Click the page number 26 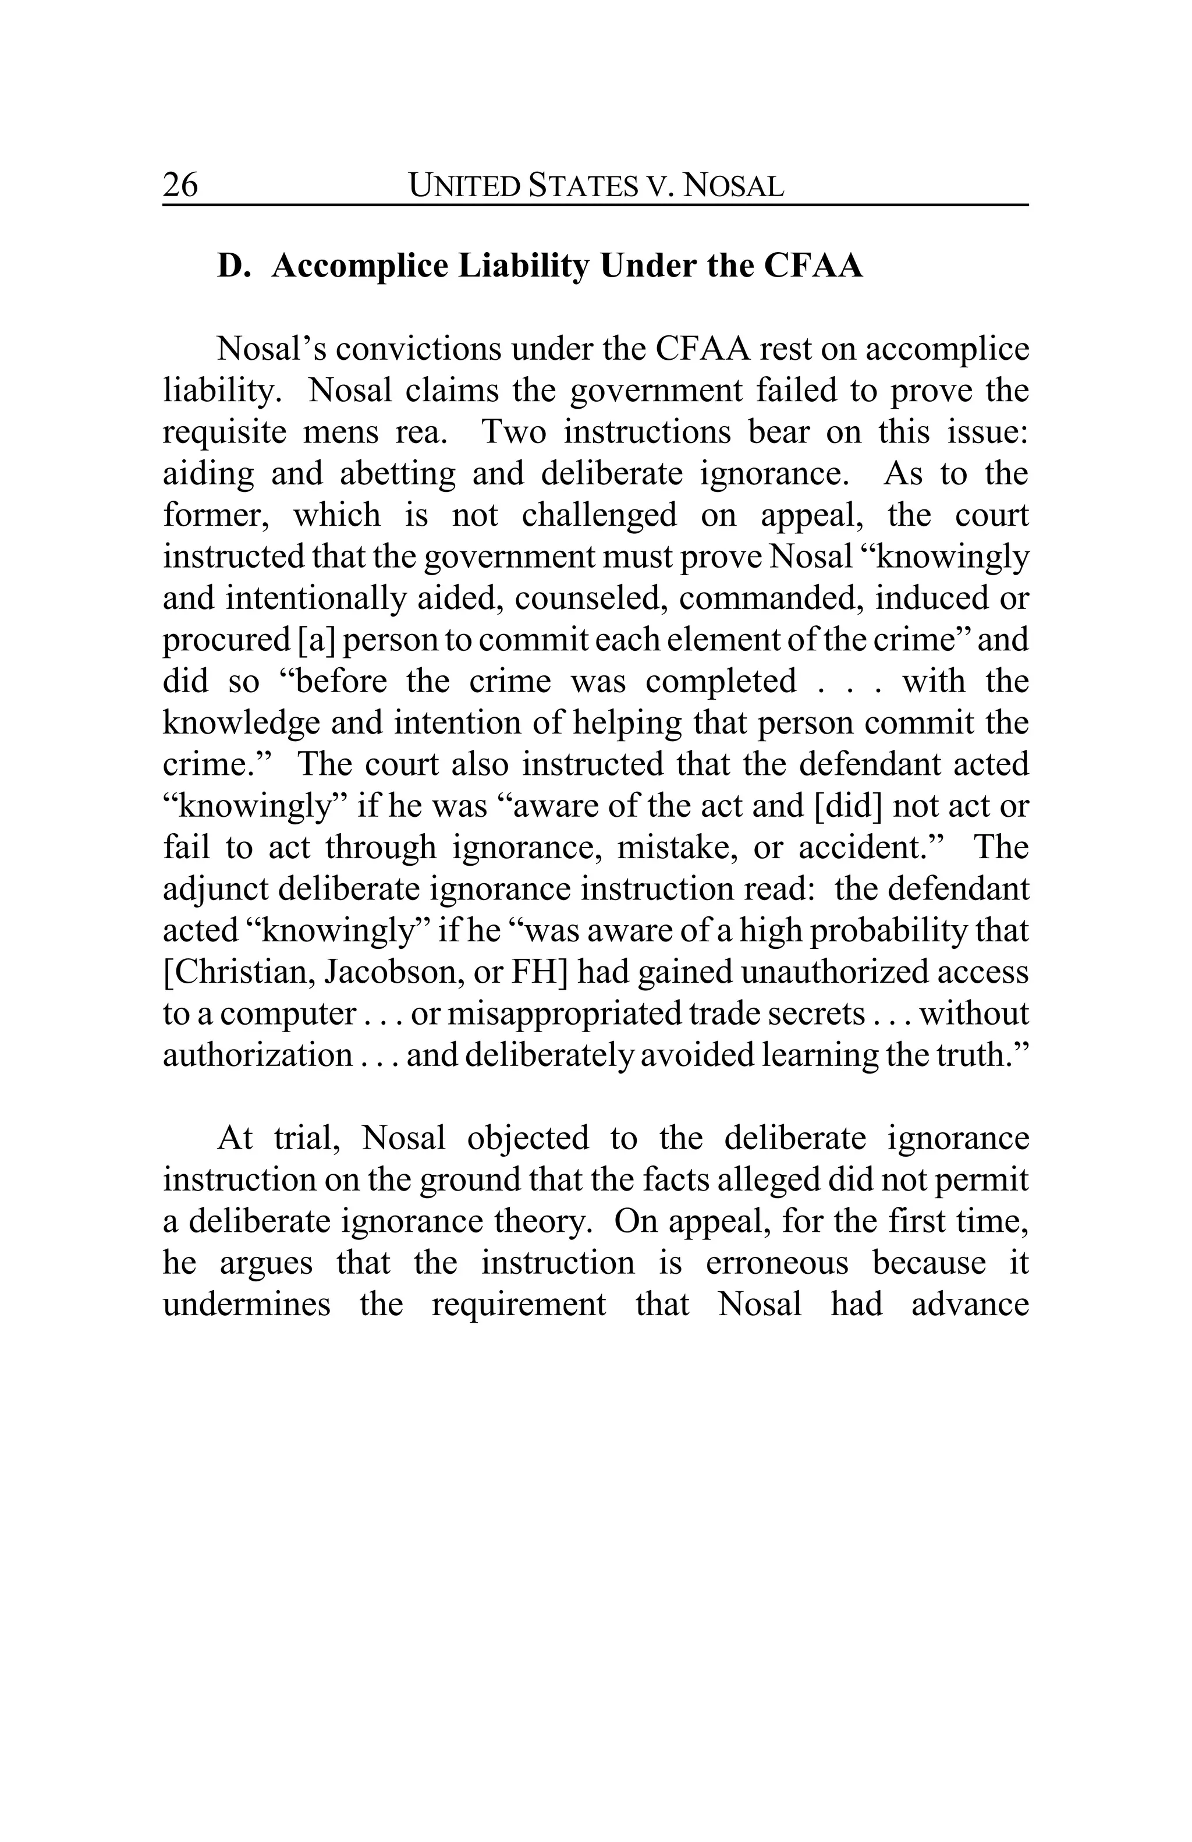click(180, 185)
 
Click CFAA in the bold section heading click(813, 266)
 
